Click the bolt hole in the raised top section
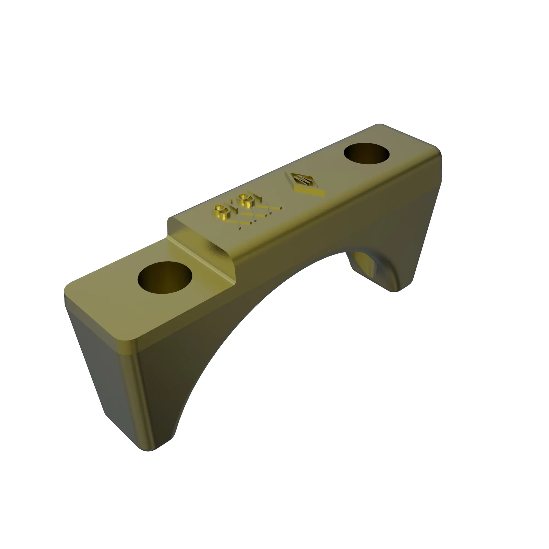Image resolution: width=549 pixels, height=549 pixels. coord(366,154)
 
